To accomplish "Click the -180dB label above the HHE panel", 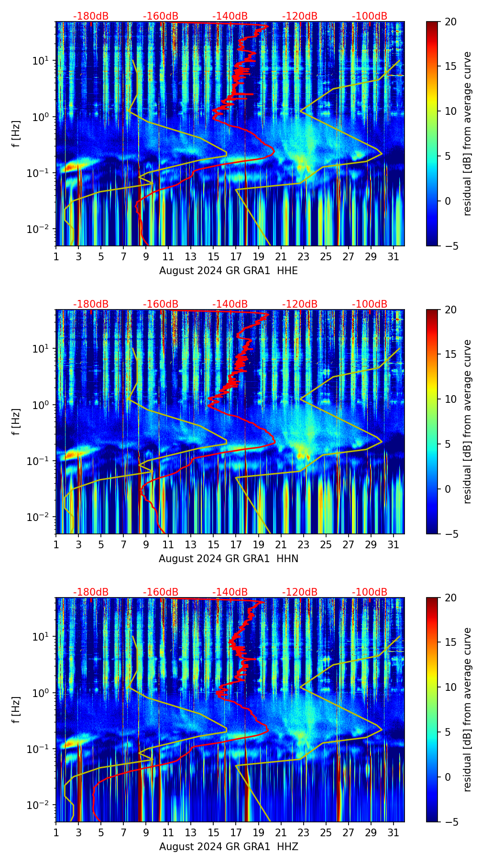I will coord(91,16).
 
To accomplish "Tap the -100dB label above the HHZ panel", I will coord(370,592).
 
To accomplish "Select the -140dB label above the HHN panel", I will coord(230,304).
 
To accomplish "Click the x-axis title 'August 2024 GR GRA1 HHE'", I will coord(228,271).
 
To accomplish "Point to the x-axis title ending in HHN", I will coord(228,559).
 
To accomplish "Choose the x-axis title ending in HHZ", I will coord(228,847).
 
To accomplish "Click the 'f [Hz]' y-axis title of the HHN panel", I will coord(17,421).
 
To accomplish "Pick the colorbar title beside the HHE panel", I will coord(467,133).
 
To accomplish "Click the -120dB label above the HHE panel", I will coord(300,16).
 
